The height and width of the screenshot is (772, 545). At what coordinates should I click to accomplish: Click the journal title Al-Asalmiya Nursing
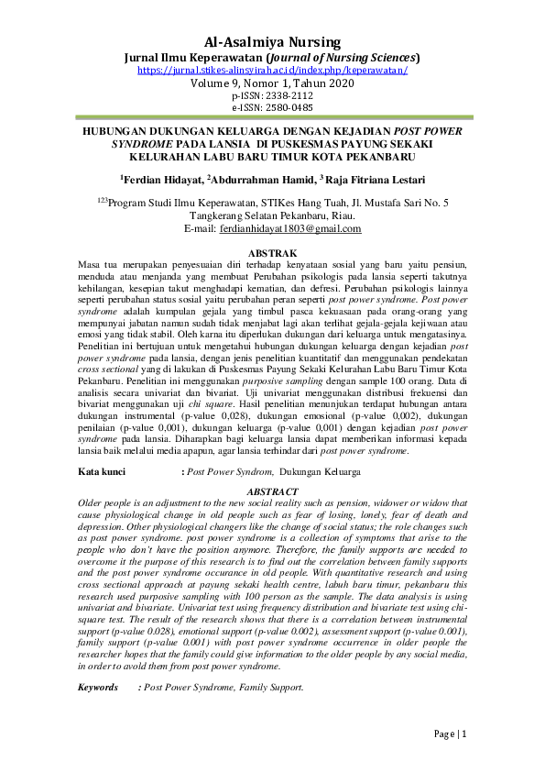[x=272, y=41]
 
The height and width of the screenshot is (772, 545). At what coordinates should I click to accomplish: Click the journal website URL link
[x=272, y=70]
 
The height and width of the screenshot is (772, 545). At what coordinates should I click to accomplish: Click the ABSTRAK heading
[x=272, y=252]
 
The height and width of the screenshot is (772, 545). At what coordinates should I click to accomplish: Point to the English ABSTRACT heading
[x=272, y=491]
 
